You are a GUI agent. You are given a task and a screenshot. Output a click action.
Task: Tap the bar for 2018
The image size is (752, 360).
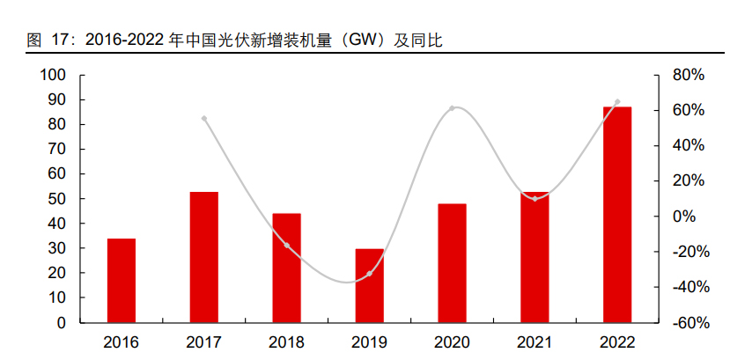coord(287,268)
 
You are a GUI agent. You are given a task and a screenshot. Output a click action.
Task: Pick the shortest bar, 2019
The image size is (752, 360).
coord(370,285)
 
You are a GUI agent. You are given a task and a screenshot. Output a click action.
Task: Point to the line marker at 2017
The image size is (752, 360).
coord(204,118)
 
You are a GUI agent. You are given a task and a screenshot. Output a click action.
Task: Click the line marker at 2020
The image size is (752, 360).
coord(452,108)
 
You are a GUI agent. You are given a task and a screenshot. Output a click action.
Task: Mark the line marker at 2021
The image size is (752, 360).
coord(535,198)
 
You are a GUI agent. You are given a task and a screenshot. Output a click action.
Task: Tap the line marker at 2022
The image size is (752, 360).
coord(617,102)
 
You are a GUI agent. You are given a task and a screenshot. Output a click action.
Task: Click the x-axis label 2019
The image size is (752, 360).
coord(370,342)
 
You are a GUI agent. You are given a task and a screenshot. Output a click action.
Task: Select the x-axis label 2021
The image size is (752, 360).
coord(535,342)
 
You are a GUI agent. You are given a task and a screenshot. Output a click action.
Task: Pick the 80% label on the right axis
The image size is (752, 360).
coord(689,76)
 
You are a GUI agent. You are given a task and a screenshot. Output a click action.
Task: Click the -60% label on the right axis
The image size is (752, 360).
coord(689,323)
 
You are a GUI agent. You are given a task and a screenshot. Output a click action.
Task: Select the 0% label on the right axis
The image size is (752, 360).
coord(685,217)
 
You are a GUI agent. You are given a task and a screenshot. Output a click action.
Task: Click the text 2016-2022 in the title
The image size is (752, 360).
coord(123,40)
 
